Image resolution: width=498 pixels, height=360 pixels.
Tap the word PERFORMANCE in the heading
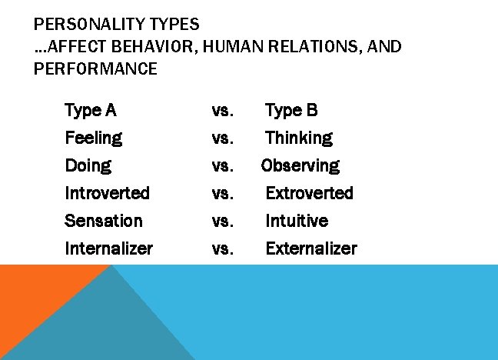pos(95,69)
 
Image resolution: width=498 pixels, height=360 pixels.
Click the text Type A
pos(91,110)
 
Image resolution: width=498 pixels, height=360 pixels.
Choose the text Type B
pos(291,110)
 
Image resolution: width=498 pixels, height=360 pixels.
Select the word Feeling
pos(93,138)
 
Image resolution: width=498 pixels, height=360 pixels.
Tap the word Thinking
pos(299,138)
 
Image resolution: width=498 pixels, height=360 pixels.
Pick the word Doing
pos(88,165)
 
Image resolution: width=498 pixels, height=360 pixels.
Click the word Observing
pos(300,165)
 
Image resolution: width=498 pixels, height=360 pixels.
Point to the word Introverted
pos(107,193)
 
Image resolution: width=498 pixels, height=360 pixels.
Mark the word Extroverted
pos(309,193)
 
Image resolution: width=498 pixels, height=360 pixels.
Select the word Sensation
pos(104,221)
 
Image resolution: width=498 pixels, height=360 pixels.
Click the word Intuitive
pos(297,221)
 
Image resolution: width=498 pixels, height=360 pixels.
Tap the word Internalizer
pos(108,248)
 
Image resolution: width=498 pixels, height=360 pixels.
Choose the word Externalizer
pos(311,248)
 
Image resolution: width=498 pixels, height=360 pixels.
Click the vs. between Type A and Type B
pos(222,110)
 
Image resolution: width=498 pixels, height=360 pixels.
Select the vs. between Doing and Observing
pos(222,165)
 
